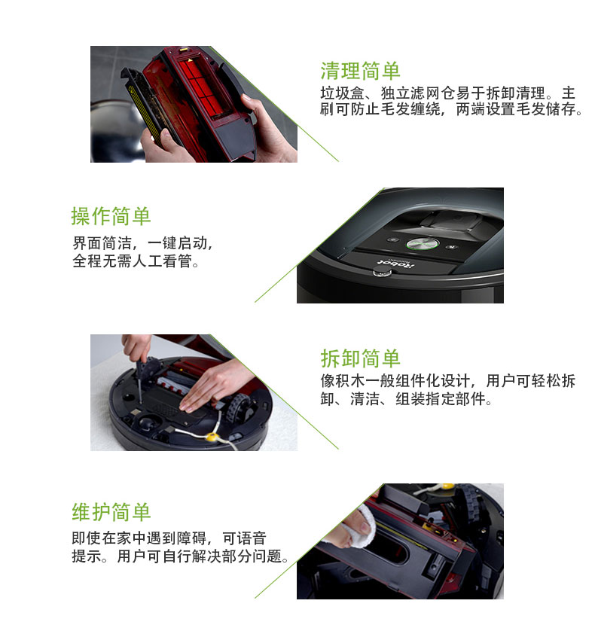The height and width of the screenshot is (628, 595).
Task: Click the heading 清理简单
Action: pyautogui.click(x=360, y=71)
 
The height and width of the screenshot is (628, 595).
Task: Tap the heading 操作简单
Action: pyautogui.click(x=111, y=216)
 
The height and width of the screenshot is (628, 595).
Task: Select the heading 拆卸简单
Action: pyautogui.click(x=360, y=358)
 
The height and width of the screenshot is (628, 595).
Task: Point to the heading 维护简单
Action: pyautogui.click(x=111, y=512)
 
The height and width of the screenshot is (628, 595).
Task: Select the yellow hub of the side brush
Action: pyautogui.click(x=212, y=436)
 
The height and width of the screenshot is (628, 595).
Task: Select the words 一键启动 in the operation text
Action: pyautogui.click(x=177, y=242)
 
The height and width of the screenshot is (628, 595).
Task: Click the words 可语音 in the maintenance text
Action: pyautogui.click(x=244, y=538)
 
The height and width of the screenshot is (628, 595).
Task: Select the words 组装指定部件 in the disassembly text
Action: pyautogui.click(x=440, y=399)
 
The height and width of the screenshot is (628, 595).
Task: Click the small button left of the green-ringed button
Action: pyautogui.click(x=392, y=239)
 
